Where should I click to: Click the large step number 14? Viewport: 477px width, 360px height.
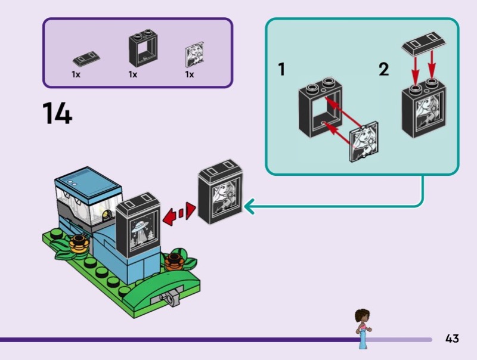coord(57,113)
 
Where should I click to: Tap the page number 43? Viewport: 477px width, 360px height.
coord(451,339)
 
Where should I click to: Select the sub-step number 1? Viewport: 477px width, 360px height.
coord(281,70)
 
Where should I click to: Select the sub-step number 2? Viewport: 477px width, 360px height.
coord(383,70)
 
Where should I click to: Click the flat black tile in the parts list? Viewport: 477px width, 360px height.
coord(86,58)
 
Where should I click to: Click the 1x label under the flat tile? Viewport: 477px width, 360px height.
coord(76,75)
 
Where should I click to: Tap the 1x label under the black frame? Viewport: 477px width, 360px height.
coord(132,75)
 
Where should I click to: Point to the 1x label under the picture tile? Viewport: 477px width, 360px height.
coord(189,75)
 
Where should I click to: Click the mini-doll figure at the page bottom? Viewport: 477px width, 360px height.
coord(362,328)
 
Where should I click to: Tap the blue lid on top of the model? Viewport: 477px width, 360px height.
coord(88,178)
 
